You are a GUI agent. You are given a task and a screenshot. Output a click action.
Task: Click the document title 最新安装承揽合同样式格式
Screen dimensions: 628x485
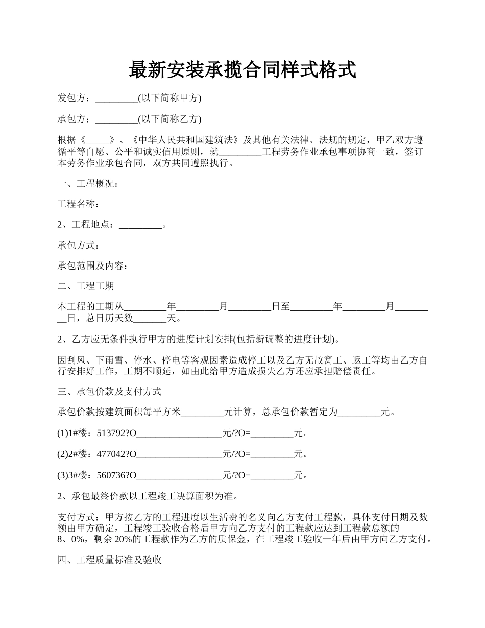tap(243, 70)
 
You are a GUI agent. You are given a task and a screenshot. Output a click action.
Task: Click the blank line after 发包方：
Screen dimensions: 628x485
tap(116, 99)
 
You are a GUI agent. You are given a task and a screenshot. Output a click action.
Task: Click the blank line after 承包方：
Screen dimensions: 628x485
tap(116, 119)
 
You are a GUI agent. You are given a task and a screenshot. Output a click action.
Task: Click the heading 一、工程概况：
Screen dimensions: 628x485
tap(88, 183)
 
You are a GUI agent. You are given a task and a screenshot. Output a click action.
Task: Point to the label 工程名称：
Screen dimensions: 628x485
tap(79, 204)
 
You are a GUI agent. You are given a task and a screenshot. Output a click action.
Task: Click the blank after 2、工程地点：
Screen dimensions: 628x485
tap(140, 225)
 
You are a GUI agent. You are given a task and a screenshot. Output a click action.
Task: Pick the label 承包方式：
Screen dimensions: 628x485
tap(79, 246)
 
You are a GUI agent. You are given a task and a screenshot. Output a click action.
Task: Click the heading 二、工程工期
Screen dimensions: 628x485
tap(86, 286)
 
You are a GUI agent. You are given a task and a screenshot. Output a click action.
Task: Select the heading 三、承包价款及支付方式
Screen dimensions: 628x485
tap(110, 392)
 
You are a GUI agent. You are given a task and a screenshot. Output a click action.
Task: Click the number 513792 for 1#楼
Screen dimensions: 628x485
tap(111, 433)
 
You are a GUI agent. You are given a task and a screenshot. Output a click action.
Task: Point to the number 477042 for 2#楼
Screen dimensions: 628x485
tap(111, 454)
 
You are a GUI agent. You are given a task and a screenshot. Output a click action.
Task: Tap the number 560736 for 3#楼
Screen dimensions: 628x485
tap(111, 476)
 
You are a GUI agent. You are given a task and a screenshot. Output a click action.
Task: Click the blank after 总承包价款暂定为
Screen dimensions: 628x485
tap(359, 412)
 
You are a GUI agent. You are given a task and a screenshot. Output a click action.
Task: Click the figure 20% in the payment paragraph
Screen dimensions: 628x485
tap(124, 539)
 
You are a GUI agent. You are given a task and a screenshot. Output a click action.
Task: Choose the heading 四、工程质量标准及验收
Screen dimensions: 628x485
tap(110, 561)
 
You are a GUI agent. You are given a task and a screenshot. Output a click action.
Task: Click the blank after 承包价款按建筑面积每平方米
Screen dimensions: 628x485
tap(203, 412)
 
